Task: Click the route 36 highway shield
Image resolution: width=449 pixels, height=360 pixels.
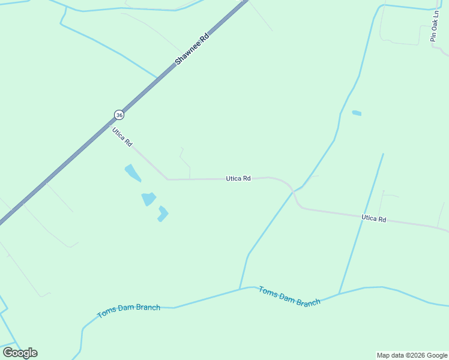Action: (x=119, y=115)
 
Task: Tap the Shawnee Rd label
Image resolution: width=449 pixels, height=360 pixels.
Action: (x=191, y=49)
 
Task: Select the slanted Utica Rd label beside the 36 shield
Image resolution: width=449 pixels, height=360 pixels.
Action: (x=122, y=137)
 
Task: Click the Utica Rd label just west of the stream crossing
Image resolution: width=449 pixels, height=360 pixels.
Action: (x=238, y=178)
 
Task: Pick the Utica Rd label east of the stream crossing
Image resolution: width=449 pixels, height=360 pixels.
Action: (x=373, y=218)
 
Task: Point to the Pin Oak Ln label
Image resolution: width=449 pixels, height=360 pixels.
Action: (x=434, y=28)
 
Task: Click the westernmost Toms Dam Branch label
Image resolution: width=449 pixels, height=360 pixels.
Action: (x=128, y=311)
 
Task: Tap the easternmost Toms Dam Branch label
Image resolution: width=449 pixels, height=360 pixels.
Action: (x=289, y=296)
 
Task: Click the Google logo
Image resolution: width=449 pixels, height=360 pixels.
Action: (x=20, y=353)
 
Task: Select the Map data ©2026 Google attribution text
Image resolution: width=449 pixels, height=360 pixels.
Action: (x=412, y=355)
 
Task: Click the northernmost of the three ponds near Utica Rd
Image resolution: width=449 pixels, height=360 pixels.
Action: (x=133, y=173)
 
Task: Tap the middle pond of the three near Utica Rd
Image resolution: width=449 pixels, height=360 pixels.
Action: (x=148, y=199)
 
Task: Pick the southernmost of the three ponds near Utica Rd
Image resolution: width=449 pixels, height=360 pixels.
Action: (x=163, y=213)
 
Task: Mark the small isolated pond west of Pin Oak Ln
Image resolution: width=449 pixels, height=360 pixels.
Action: (x=357, y=113)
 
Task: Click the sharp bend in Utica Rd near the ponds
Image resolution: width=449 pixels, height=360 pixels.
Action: (x=167, y=179)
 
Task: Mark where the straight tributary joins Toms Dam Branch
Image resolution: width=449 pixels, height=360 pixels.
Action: (x=339, y=293)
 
